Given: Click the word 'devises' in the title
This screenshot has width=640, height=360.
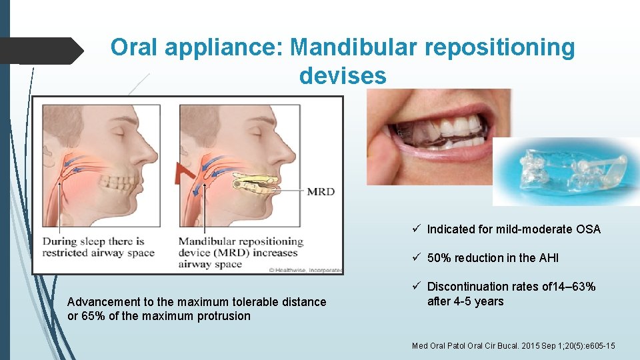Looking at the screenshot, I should [x=343, y=76].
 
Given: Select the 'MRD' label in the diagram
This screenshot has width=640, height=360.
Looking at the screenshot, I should [x=321, y=192].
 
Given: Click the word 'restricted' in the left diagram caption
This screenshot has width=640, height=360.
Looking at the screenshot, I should [x=67, y=253].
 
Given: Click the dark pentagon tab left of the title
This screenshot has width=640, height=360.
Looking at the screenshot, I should [x=41, y=50].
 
